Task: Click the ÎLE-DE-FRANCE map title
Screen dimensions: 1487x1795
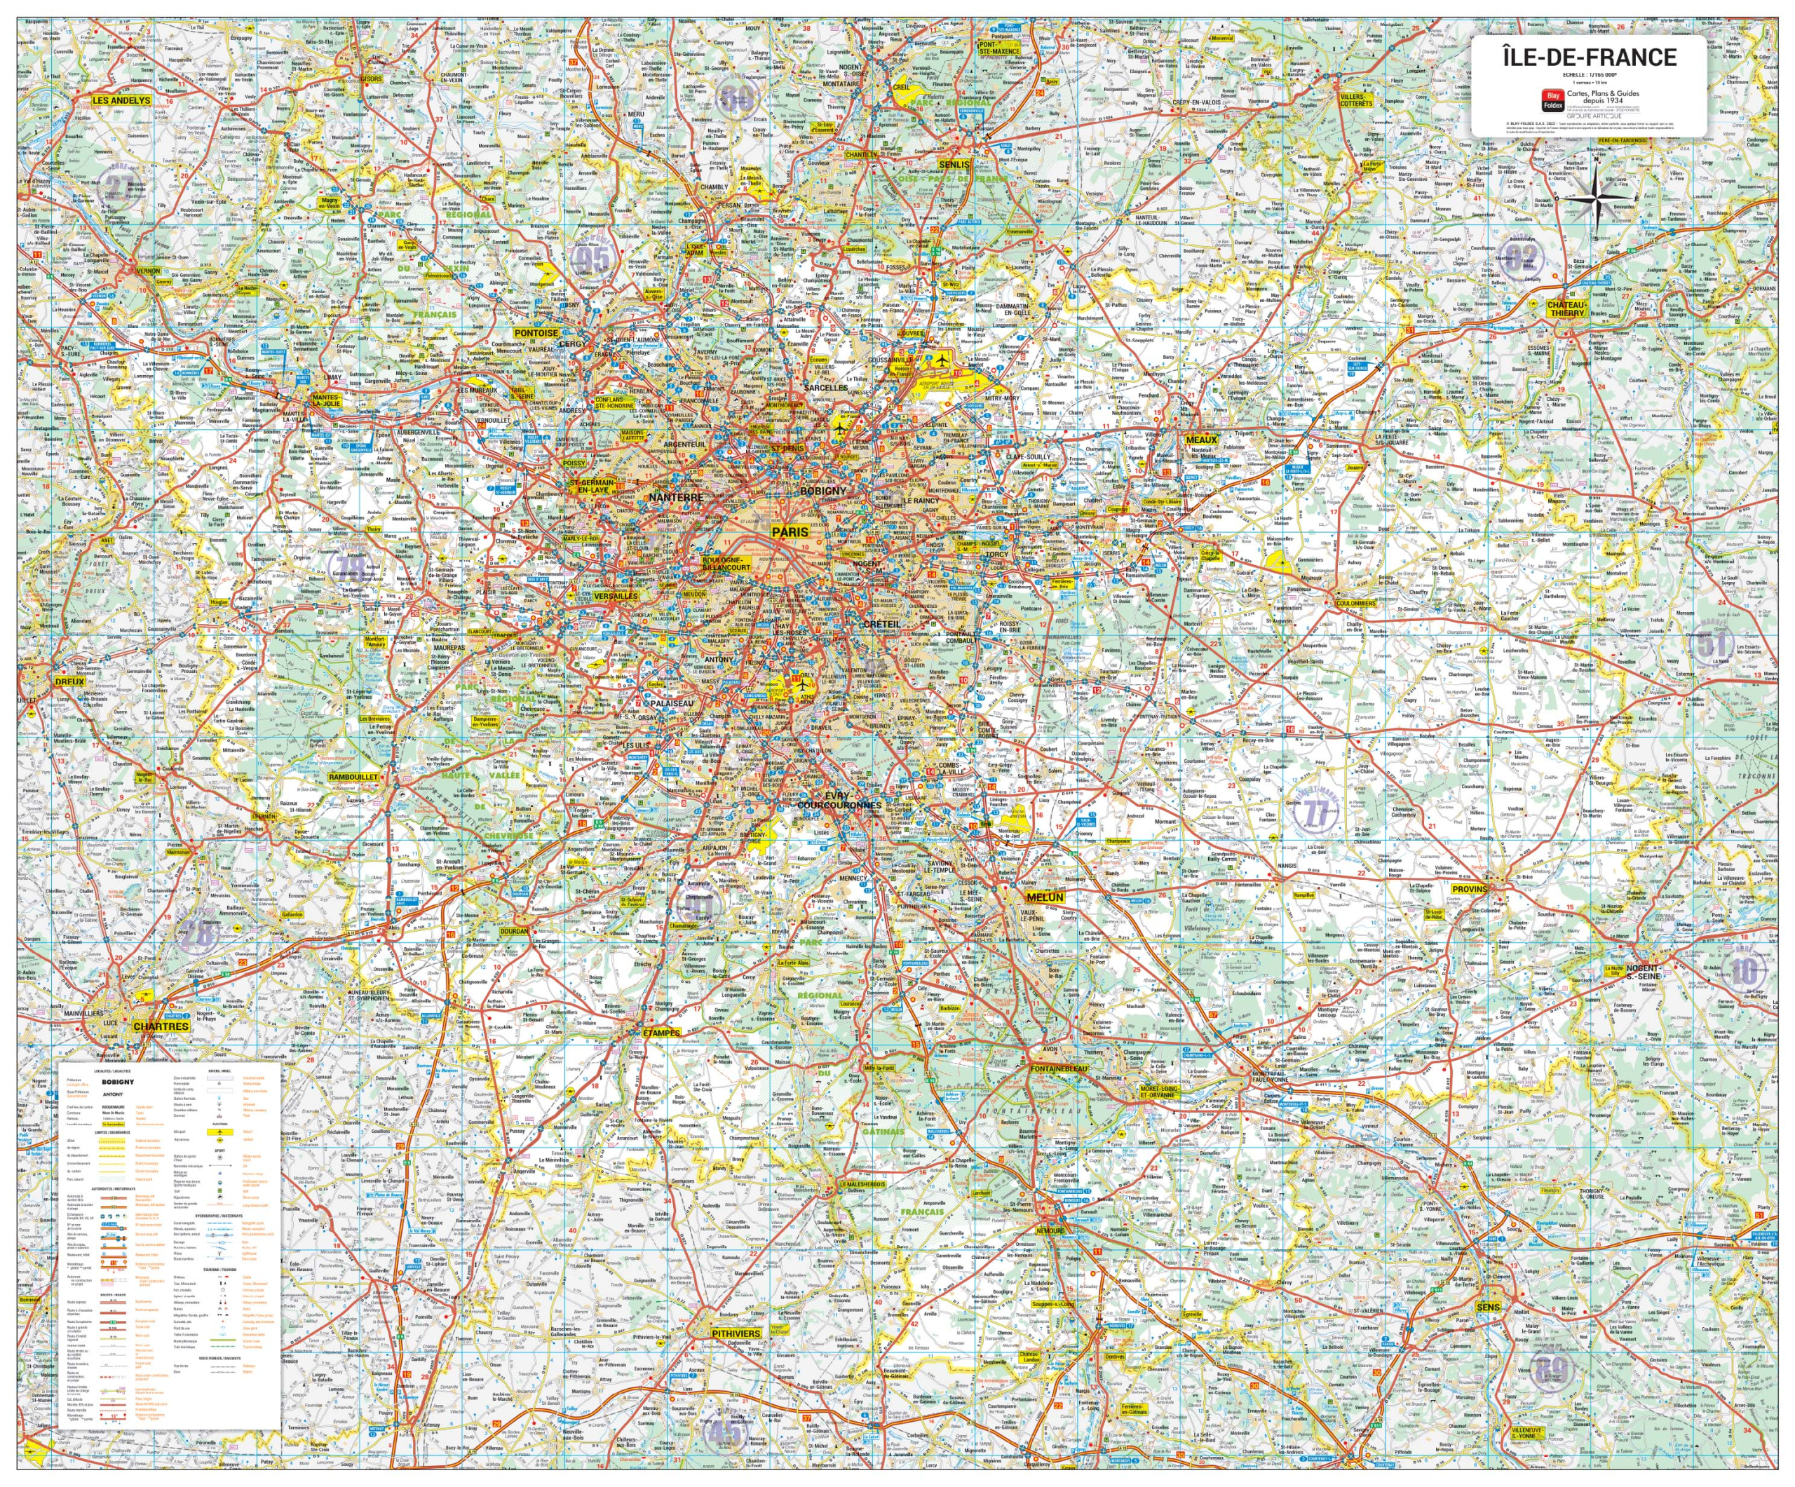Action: coord(1590,57)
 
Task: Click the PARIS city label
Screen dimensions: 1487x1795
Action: coord(790,531)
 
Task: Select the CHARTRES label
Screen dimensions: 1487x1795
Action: coord(161,1026)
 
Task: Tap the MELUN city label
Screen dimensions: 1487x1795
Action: coord(1045,897)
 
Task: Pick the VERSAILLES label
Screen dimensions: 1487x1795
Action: coord(616,596)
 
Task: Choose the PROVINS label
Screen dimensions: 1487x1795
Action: coord(1470,890)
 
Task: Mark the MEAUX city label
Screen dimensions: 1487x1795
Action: coord(1202,440)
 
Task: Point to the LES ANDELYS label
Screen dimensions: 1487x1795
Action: coord(121,100)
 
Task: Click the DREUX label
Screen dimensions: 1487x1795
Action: coord(70,682)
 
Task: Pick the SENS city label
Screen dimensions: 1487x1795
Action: coord(1488,1308)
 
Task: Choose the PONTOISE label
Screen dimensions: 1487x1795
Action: coord(536,333)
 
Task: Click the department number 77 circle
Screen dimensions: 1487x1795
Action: coord(1315,813)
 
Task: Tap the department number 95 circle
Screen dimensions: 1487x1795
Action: coord(592,259)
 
